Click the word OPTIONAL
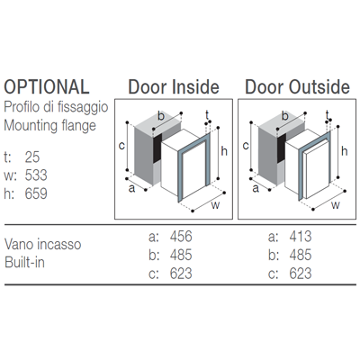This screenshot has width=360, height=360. pos(47,86)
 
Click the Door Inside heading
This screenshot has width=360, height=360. pos(174,86)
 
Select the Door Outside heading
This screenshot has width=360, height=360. pos(297,86)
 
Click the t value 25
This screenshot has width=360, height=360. pos(32,157)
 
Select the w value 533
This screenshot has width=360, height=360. pos(36,175)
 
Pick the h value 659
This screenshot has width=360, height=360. pos(36,193)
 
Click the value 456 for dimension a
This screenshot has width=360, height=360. pos(181,237)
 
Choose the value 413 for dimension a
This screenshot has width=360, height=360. pos(301,237)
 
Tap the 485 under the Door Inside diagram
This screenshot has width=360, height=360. pos(181,255)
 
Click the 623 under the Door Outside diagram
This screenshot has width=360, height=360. pos(301,274)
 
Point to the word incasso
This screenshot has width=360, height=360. pos(62,244)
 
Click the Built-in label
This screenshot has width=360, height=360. pos(25,263)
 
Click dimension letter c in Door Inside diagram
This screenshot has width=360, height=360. pos(121,146)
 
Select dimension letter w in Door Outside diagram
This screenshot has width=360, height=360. pos(336,205)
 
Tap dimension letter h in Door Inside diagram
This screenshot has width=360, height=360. pos(224,151)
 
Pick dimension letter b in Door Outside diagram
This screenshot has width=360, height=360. pos(285,115)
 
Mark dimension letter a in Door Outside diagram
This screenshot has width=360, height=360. pos(256,189)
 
